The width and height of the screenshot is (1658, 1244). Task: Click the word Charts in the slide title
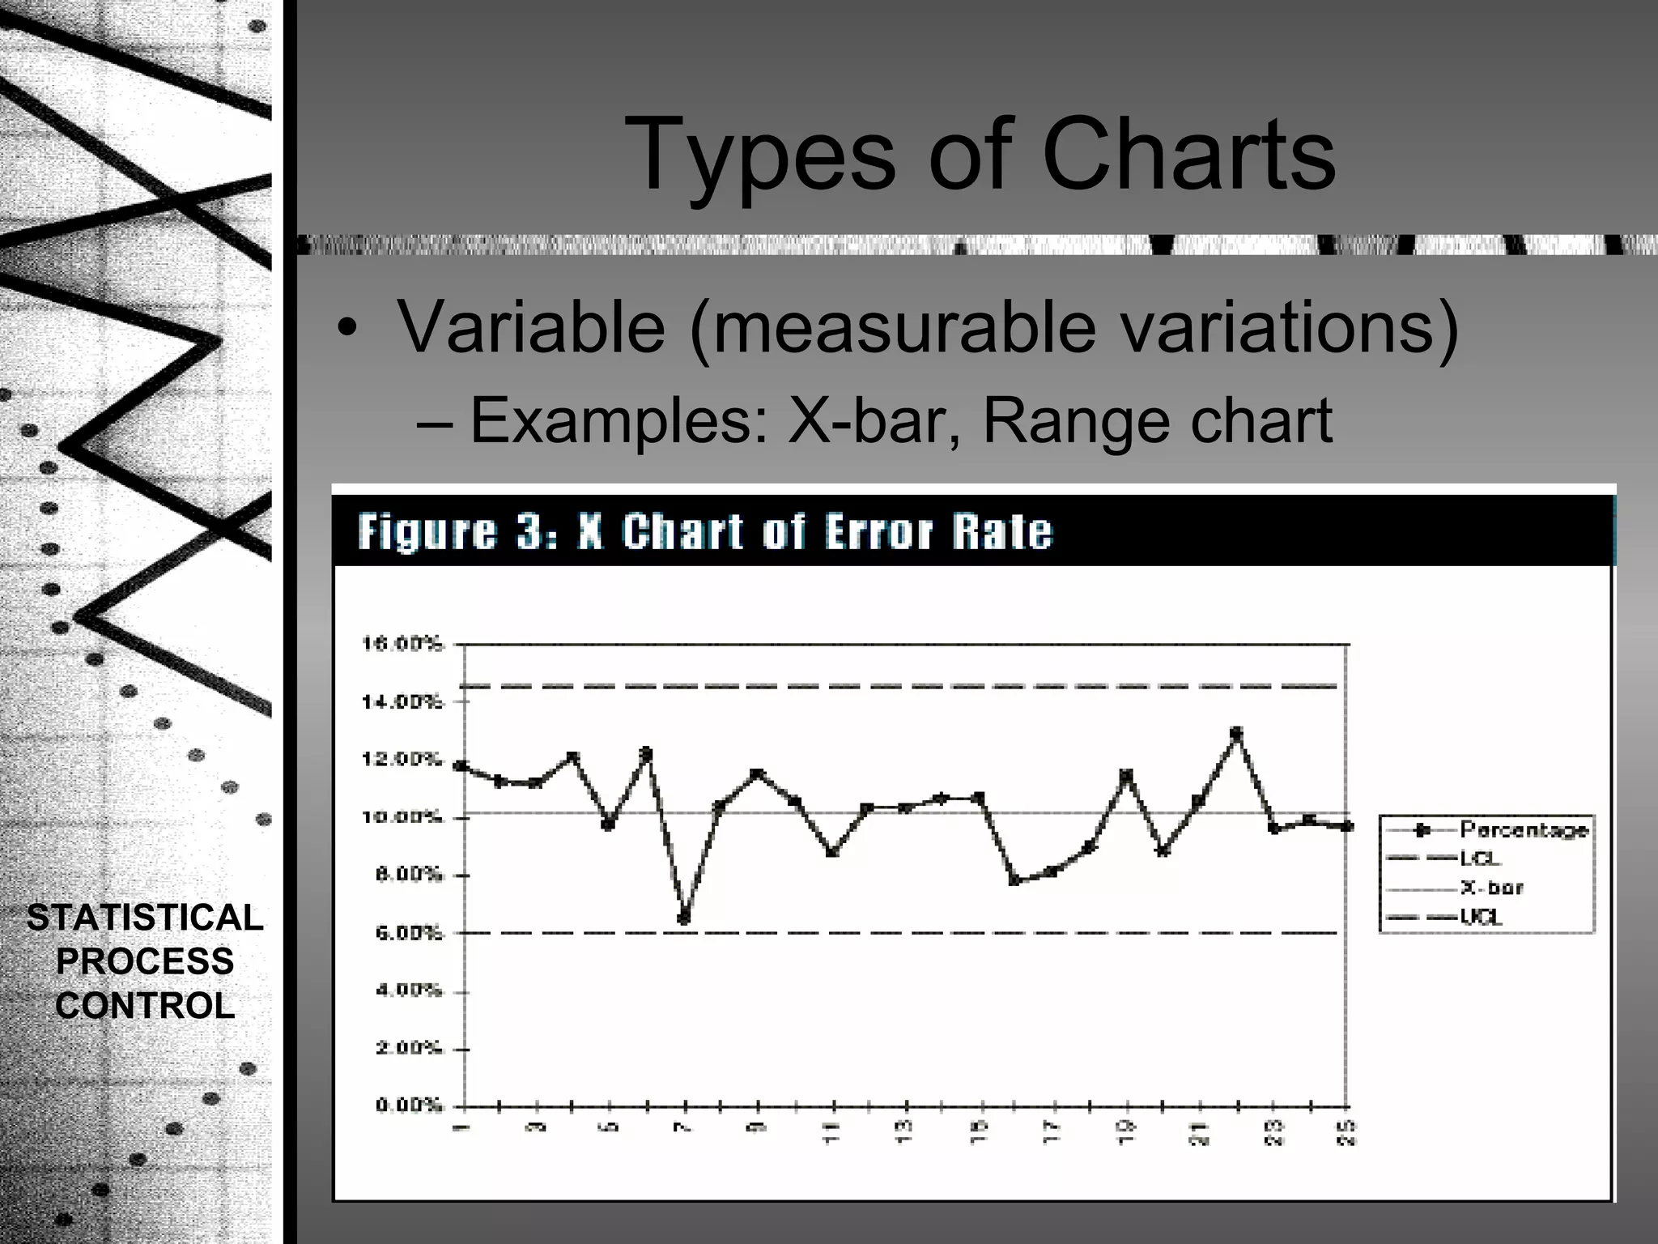[x=1188, y=155]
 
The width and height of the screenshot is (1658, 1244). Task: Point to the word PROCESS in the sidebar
[x=145, y=962]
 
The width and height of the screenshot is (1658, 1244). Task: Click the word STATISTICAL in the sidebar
[x=145, y=918]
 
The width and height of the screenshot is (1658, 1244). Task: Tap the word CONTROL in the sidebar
[x=145, y=1006]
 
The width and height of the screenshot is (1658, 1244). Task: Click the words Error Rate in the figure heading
[x=939, y=533]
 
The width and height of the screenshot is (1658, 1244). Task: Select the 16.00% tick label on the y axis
[x=402, y=645]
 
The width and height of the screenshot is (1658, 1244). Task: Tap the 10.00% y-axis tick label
[x=402, y=817]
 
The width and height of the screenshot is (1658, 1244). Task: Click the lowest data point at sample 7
[x=684, y=918]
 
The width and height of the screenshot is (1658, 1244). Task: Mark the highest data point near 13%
[x=1236, y=733]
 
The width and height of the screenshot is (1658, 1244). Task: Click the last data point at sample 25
[x=1347, y=826]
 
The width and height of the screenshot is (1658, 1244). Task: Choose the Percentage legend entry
[x=1523, y=830]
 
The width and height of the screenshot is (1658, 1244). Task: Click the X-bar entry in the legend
[x=1491, y=888]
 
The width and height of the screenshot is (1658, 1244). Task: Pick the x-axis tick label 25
[x=1348, y=1131]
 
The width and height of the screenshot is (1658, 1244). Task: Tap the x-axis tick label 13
[x=906, y=1131]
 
